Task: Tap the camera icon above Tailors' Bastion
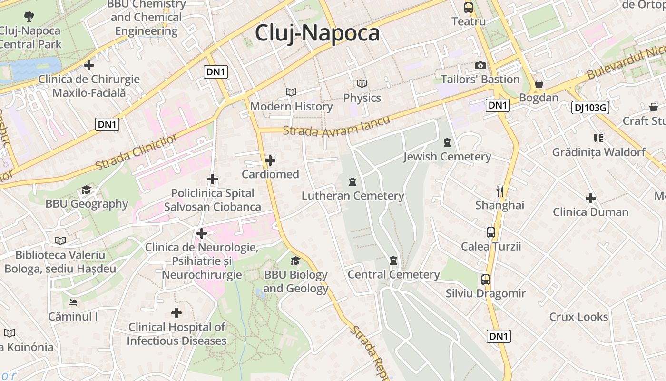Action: point(480,65)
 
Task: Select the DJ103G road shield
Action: point(590,108)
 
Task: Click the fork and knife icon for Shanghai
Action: point(499,191)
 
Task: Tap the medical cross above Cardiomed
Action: point(270,160)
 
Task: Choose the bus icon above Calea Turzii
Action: point(491,232)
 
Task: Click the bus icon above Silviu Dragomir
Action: point(485,280)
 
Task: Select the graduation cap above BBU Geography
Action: point(86,190)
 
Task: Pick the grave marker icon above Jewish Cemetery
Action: point(447,142)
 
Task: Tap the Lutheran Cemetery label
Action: point(353,196)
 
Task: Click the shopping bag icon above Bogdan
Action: point(539,84)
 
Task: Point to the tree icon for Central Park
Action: point(29,17)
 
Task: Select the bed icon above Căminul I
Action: point(73,302)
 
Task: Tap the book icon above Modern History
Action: point(291,92)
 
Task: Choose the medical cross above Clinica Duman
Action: point(590,198)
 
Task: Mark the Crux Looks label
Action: point(578,317)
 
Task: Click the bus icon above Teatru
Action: point(469,8)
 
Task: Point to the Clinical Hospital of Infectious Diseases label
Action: point(176,334)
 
